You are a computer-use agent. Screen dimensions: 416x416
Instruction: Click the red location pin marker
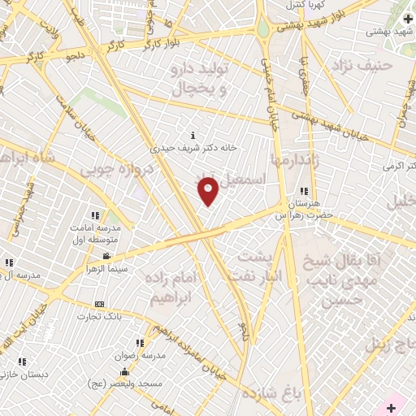[209, 190]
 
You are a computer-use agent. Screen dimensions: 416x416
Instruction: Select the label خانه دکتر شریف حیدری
[193, 149]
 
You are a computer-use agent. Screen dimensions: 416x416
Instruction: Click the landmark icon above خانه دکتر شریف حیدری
[193, 135]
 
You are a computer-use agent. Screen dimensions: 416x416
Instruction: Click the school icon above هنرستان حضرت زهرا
[303, 191]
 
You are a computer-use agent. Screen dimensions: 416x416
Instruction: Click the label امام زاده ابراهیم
[171, 287]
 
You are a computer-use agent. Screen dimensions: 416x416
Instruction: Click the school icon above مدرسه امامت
[95, 215]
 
